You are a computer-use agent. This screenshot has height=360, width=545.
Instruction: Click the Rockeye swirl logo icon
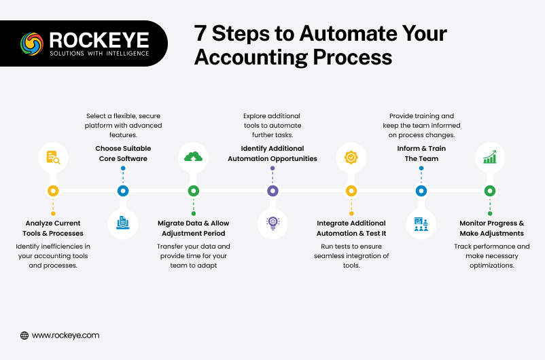click(x=32, y=43)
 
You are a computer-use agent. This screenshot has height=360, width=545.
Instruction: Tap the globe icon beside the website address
click(x=24, y=336)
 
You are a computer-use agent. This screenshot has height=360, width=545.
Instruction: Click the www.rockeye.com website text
click(x=66, y=336)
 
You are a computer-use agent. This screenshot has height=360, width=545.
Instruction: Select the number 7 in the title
click(x=200, y=33)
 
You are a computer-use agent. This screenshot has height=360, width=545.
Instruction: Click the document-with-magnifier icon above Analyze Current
click(x=53, y=158)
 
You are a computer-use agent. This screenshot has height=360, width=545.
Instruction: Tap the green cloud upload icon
click(x=193, y=157)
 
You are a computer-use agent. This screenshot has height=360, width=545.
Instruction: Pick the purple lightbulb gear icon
click(x=273, y=223)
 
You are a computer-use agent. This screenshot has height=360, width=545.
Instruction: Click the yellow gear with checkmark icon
click(x=351, y=158)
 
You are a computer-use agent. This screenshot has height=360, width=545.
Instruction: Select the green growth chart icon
click(x=490, y=157)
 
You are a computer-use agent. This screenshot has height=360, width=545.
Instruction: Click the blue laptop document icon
click(x=123, y=223)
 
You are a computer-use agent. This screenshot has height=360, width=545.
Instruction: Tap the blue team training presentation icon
click(x=421, y=224)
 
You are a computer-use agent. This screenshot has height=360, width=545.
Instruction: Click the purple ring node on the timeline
click(x=272, y=191)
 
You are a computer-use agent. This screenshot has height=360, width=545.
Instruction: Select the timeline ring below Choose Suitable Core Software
click(x=123, y=191)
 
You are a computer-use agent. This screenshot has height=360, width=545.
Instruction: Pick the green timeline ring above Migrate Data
click(x=194, y=191)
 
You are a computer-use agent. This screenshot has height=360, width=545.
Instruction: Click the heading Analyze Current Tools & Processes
click(x=53, y=228)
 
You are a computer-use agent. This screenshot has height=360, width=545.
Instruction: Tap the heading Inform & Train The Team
click(x=421, y=154)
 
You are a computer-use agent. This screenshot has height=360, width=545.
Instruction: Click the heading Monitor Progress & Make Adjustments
click(x=491, y=228)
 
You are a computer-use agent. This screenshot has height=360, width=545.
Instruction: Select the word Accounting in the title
click(x=251, y=58)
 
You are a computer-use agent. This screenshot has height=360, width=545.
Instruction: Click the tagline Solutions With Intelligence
click(x=99, y=54)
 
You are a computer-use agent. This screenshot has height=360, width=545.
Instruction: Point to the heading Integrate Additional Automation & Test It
click(x=351, y=228)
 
